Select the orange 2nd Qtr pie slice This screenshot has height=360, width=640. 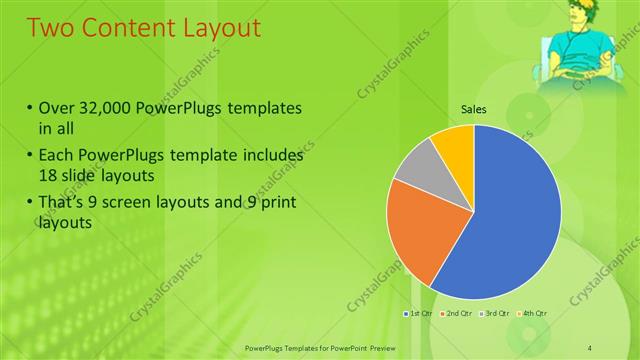(x=415, y=225)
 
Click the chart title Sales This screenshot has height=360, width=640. (x=473, y=110)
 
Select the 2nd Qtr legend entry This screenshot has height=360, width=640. (x=459, y=314)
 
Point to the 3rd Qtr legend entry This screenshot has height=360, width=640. (x=498, y=314)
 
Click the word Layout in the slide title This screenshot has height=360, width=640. (x=213, y=27)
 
